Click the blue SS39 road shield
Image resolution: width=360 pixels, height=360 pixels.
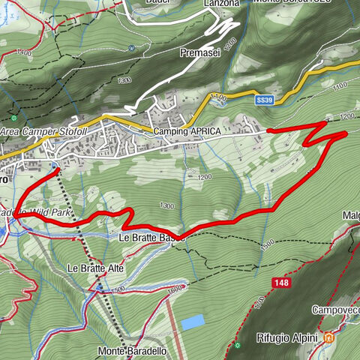coord(264,99)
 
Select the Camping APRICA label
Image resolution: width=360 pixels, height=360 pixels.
coord(187,131)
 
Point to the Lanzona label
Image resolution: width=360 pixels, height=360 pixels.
coord(221,4)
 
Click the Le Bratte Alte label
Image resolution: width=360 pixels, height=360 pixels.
coord(95,268)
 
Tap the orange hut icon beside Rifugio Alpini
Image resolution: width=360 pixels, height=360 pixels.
coord(328,338)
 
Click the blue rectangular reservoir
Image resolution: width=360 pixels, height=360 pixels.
coord(193,322)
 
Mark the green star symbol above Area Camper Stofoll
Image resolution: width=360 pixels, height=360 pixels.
coord(13,118)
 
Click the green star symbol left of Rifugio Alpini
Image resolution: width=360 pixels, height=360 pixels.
coord(236,344)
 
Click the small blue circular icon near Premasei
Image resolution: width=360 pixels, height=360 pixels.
coord(132,47)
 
